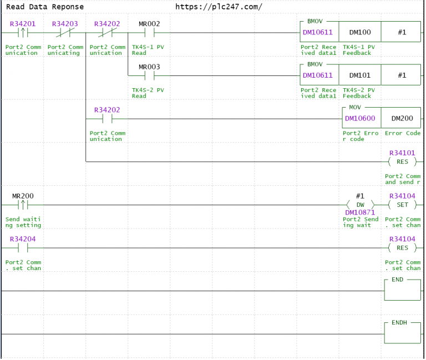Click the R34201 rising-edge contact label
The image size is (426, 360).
23,24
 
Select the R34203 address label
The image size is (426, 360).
65,24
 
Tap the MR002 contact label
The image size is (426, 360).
149,24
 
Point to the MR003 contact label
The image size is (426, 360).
149,67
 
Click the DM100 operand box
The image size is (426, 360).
360,32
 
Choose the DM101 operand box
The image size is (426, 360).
360,75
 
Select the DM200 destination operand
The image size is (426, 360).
402,118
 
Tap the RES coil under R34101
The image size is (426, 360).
402,161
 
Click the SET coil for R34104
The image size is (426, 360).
402,205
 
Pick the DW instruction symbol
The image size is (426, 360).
360,205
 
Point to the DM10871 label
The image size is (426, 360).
360,212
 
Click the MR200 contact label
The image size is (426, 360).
23,196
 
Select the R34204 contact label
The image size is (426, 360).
23,239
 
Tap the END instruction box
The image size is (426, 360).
402,290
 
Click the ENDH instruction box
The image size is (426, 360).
402,333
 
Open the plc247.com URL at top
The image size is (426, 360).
219,7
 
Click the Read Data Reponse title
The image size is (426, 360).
45,7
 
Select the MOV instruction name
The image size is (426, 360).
355,107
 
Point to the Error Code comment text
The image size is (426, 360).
403,133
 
